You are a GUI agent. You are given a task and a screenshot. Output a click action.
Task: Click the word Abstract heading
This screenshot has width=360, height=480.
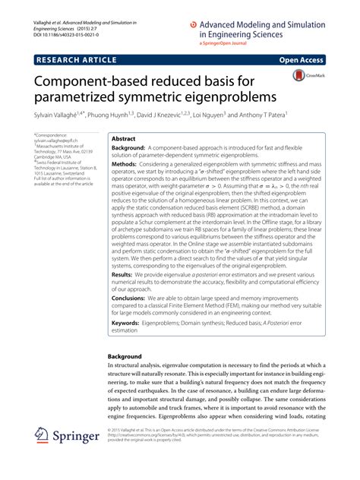coord(123,140)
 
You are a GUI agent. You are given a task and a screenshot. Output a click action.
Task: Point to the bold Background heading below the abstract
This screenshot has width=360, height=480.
coord(125,356)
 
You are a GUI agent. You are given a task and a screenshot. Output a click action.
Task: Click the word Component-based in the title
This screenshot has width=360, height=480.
coord(103,81)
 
